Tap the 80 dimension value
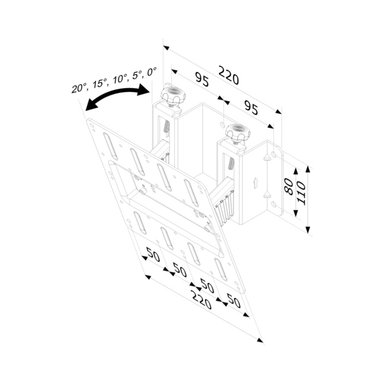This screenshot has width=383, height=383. tap(289, 186)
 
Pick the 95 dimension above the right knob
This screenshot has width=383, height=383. tap(252, 109)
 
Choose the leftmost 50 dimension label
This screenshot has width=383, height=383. tap(152, 255)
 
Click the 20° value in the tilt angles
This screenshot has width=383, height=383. tap(80, 89)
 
